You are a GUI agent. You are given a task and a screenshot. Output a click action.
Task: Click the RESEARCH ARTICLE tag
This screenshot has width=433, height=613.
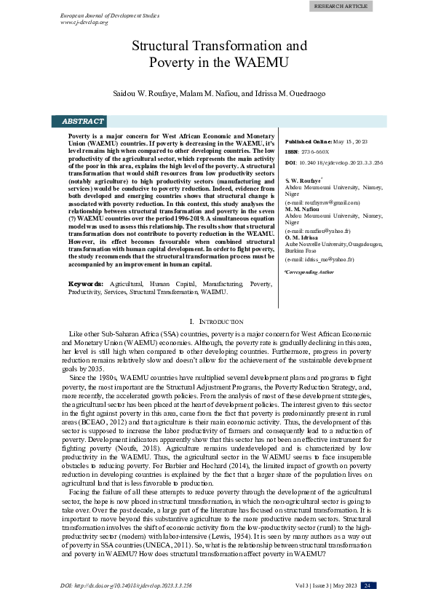tap(341, 6)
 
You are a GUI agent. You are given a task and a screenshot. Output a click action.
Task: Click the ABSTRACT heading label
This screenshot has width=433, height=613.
tap(82, 121)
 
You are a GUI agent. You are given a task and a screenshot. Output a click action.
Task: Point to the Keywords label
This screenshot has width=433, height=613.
tap(84, 282)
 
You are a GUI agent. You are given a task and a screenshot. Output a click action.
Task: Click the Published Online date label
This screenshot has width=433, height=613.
tap(309, 141)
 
